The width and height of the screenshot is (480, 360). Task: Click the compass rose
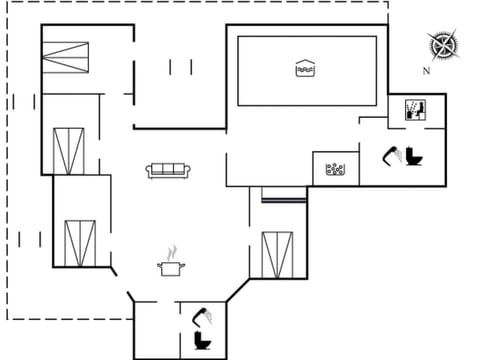point(442,46)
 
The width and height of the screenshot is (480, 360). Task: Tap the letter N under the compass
point(426,71)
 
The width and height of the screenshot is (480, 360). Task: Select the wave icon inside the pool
point(305,68)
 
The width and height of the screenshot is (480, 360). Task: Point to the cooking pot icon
point(171,268)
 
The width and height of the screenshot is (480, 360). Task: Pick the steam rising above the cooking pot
point(172,250)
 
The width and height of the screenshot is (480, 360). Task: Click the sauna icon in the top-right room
point(416,109)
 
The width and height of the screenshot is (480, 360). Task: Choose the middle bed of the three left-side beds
point(68,150)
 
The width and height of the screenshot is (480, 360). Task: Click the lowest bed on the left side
point(78,242)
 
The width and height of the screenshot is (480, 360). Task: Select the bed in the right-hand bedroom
point(277,254)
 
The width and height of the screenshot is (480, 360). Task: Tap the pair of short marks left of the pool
point(181,67)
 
